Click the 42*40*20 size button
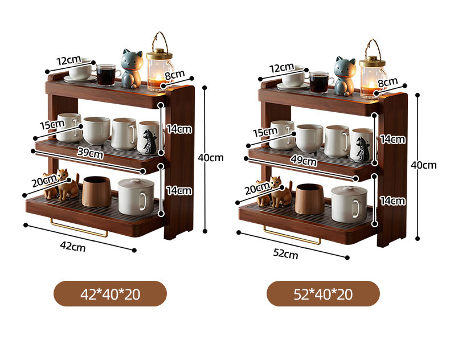[110, 294]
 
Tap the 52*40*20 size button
[323, 294]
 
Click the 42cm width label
[72, 247]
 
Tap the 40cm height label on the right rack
[424, 165]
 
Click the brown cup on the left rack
[96, 191]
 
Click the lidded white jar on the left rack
[136, 199]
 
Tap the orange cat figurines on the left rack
[62, 185]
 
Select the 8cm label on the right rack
[388, 82]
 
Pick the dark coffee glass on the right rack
[319, 81]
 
